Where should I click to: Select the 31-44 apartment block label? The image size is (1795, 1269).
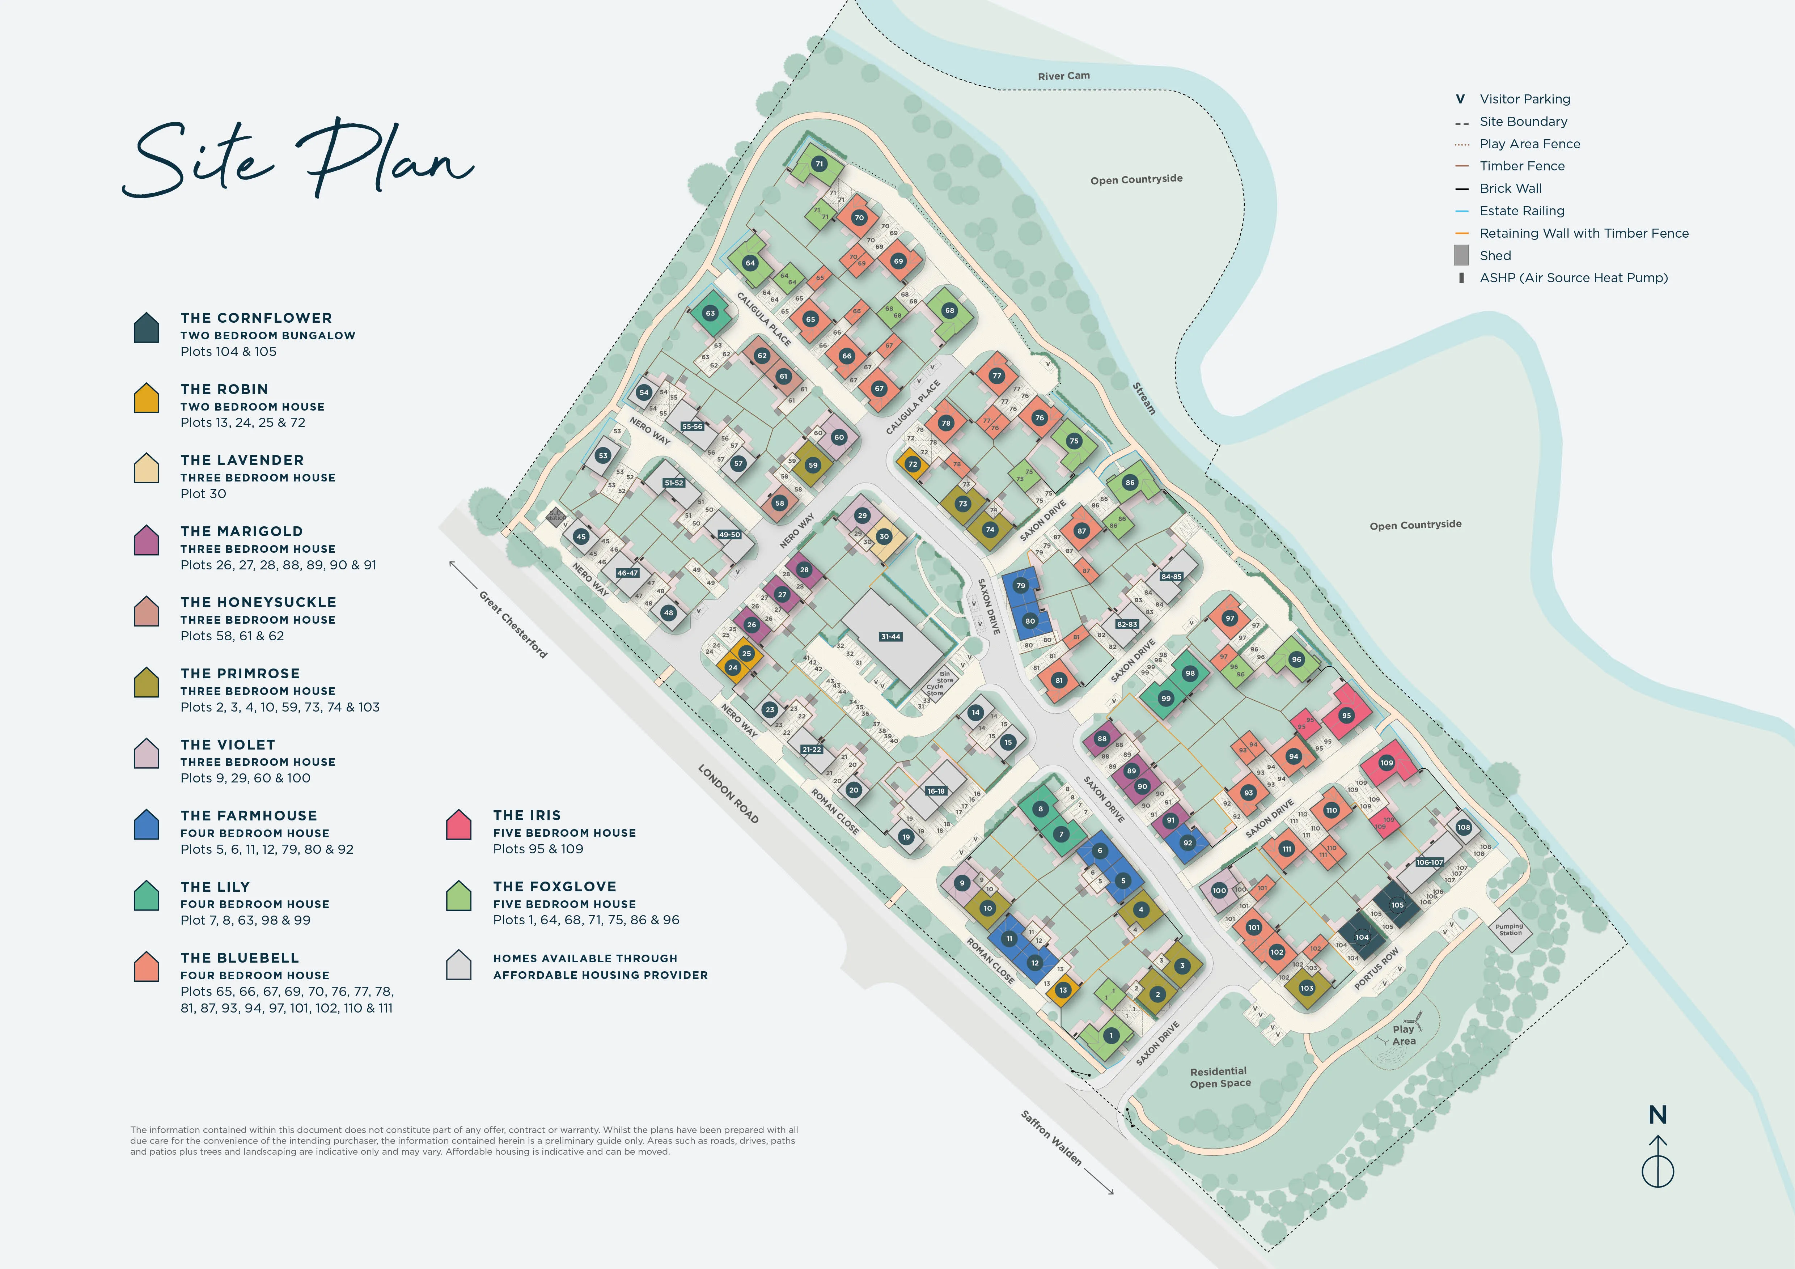[x=890, y=637]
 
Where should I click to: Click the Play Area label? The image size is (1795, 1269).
[x=1403, y=1035]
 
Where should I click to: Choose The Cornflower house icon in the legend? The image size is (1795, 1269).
[x=146, y=328]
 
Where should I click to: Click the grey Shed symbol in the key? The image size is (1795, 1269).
[x=1460, y=255]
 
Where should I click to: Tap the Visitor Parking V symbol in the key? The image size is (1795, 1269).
[x=1460, y=99]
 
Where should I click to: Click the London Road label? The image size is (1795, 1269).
[x=728, y=794]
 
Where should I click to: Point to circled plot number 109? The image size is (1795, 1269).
[x=1386, y=763]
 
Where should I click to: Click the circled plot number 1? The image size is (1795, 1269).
[x=1111, y=1035]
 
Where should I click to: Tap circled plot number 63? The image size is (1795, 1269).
[x=710, y=313]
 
